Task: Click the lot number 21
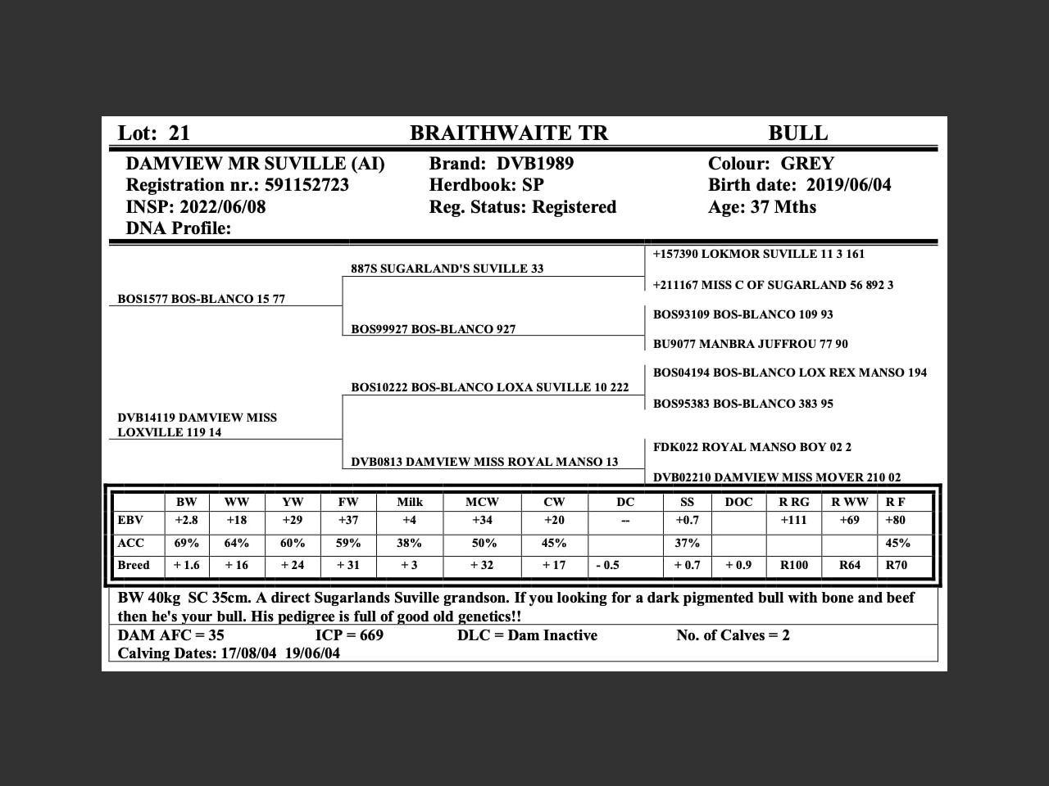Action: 179,133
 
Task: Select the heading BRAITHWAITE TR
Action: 509,133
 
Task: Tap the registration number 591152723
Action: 307,185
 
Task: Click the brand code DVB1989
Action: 535,164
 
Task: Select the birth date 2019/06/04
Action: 848,185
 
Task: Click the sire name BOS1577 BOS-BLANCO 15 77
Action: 202,299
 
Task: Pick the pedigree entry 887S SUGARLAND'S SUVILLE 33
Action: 447,269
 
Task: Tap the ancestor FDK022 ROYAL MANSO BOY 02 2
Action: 752,447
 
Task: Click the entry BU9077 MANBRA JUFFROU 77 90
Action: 750,344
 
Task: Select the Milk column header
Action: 410,502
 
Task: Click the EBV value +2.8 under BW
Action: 186,521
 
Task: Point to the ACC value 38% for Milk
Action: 409,543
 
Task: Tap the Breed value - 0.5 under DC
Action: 607,565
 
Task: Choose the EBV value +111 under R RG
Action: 793,521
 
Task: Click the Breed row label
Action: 134,565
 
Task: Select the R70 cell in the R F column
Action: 896,565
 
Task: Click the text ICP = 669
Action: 349,635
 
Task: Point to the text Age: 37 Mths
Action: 762,207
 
